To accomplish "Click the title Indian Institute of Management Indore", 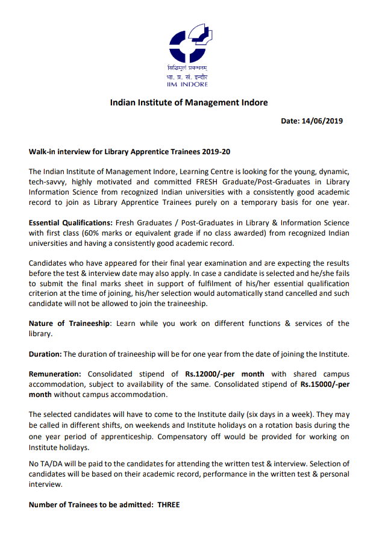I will [189, 102].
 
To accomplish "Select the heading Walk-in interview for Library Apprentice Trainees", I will [130, 152].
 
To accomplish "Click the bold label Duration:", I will [45, 354].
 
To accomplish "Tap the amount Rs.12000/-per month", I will [225, 374].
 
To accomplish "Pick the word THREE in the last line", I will [169, 505].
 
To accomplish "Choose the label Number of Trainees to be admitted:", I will [90, 505].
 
